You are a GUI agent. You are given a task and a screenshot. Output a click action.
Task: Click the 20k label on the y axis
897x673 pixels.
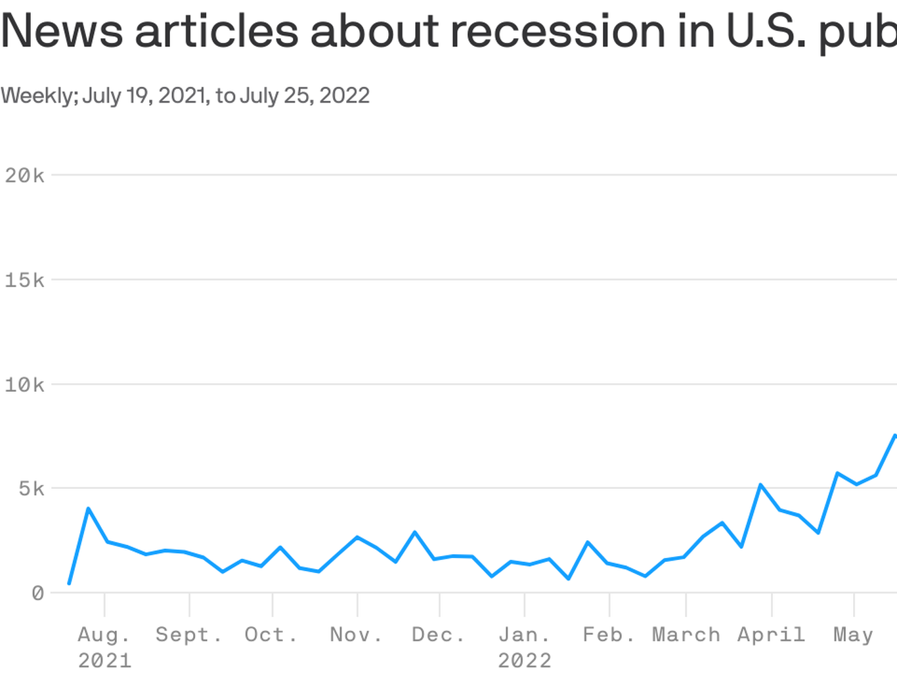point(24,175)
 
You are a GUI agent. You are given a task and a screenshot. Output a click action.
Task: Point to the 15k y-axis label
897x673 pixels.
point(24,281)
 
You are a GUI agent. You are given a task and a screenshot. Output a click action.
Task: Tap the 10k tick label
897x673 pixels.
point(24,384)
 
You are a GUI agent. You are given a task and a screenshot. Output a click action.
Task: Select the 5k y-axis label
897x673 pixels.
point(31,489)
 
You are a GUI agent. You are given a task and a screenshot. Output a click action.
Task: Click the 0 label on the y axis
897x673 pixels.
point(37,593)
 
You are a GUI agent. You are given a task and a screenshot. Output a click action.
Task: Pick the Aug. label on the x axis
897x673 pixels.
point(104,635)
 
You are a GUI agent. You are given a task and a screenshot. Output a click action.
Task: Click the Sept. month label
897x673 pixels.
point(188,635)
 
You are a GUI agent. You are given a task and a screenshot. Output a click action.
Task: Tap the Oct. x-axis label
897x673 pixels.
point(271,635)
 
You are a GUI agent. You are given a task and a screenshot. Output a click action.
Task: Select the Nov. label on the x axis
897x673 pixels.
point(355,635)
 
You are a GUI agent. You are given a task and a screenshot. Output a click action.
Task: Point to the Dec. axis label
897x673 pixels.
point(438,635)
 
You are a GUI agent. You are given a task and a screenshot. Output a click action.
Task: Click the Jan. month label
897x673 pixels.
point(524,635)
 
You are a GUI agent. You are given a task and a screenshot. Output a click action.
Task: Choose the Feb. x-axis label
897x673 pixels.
point(609,635)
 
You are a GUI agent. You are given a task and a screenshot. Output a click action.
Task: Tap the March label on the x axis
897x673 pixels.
point(686,635)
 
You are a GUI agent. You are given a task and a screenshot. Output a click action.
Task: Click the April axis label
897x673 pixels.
point(771,635)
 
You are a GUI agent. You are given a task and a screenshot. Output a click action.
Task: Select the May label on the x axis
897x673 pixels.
point(853,635)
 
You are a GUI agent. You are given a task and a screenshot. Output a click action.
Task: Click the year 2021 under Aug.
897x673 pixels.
point(104,660)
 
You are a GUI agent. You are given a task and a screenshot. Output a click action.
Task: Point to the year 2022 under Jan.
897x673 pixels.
point(525,660)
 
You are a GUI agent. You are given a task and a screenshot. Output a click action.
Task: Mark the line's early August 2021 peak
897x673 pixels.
point(88,508)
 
